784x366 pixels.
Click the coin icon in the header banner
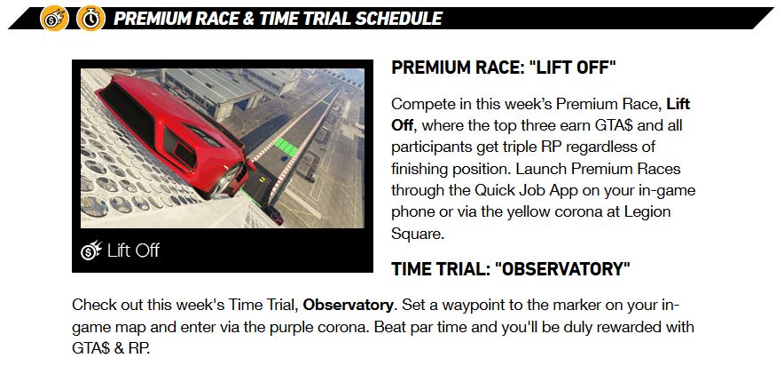pyautogui.click(x=54, y=19)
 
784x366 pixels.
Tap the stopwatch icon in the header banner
pyautogui.click(x=91, y=19)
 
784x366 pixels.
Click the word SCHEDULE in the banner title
pyautogui.click(x=398, y=19)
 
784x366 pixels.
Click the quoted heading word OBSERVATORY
pyautogui.click(x=562, y=269)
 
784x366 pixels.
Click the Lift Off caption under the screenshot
pyautogui.click(x=133, y=251)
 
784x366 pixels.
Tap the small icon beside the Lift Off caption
pyautogui.click(x=91, y=251)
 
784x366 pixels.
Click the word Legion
pyautogui.click(x=647, y=211)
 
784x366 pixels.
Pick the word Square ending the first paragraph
pyautogui.click(x=418, y=234)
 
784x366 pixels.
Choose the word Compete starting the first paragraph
pyautogui.click(x=421, y=104)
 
